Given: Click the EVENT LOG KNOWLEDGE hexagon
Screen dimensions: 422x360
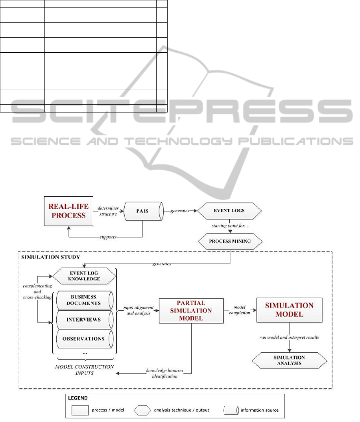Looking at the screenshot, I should (x=84, y=276).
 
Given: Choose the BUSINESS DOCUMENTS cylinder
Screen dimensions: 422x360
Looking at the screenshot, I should (x=83, y=300).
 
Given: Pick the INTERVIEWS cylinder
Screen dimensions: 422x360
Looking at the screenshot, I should (x=83, y=320).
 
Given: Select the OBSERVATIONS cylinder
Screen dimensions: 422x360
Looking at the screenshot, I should (x=83, y=339).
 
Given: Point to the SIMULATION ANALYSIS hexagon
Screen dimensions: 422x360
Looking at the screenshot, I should (x=290, y=360).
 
